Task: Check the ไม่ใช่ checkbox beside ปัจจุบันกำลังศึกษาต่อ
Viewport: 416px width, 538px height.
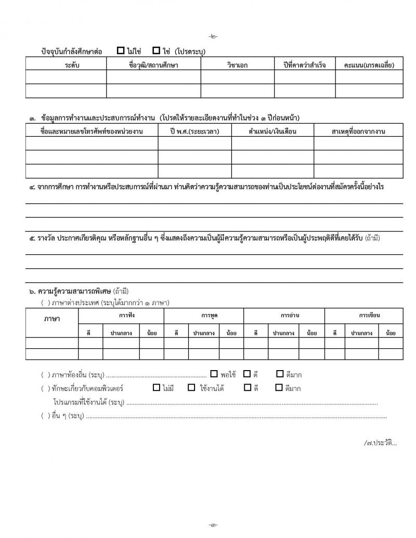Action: pyautogui.click(x=121, y=51)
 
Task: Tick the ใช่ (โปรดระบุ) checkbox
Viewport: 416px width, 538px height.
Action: pyautogui.click(x=156, y=51)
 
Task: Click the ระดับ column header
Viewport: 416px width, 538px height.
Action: pyautogui.click(x=66, y=65)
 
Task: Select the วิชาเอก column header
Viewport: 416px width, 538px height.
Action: pyautogui.click(x=237, y=65)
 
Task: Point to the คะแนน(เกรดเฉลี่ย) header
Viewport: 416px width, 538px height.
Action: pyautogui.click(x=369, y=65)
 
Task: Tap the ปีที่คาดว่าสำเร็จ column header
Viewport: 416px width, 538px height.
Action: pyautogui.click(x=302, y=65)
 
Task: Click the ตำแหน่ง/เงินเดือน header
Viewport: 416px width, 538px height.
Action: pyautogui.click(x=272, y=131)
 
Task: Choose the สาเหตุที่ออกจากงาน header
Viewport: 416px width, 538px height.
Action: pyautogui.click(x=358, y=131)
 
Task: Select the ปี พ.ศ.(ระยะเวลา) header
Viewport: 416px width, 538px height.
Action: pyautogui.click(x=194, y=131)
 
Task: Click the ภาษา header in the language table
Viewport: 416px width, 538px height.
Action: pyautogui.click(x=52, y=319)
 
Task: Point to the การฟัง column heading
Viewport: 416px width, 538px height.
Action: pyautogui.click(x=124, y=315)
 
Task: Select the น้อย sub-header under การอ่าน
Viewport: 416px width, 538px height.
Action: pyautogui.click(x=312, y=332)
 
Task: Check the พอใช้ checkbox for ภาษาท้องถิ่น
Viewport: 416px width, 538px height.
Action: pyautogui.click(x=214, y=374)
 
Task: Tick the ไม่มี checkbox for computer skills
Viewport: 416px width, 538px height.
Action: pyautogui.click(x=156, y=388)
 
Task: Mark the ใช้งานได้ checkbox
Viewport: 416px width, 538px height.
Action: pyautogui.click(x=191, y=388)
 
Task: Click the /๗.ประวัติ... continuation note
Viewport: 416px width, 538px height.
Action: pyautogui.click(x=381, y=443)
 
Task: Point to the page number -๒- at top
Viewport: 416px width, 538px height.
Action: pyautogui.click(x=214, y=36)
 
